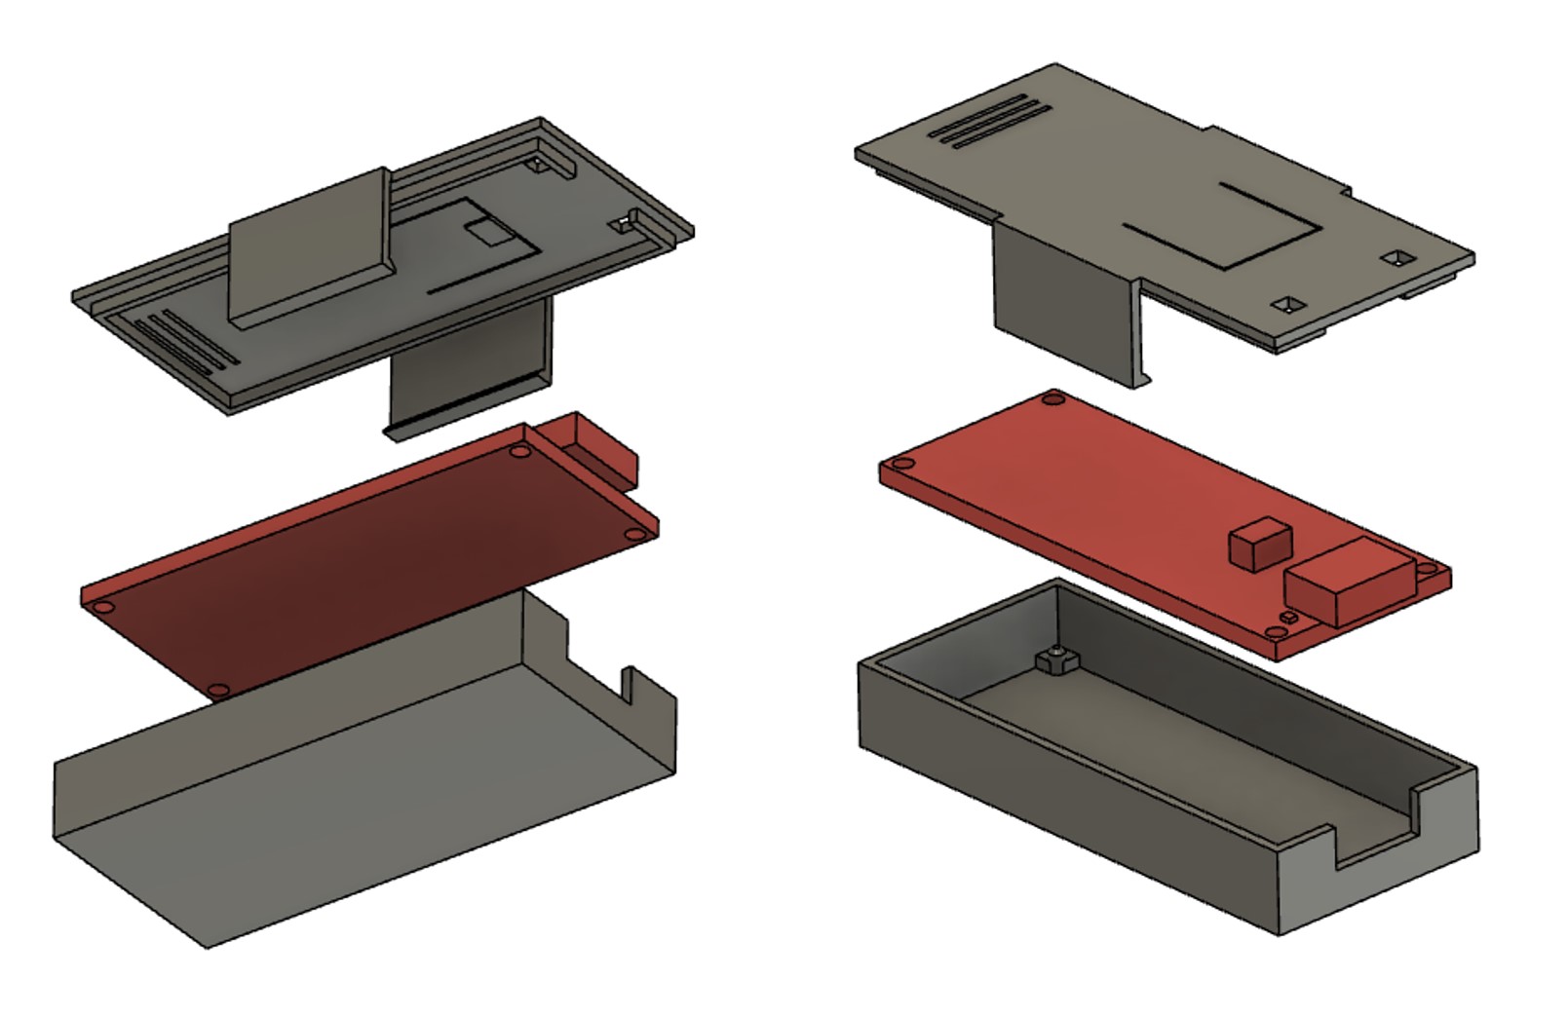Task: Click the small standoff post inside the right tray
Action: pyautogui.click(x=1053, y=662)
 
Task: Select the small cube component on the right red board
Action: pyautogui.click(x=1259, y=544)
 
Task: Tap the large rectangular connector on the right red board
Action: pyautogui.click(x=1347, y=583)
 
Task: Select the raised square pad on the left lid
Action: pyautogui.click(x=310, y=247)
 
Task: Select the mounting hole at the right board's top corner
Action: pyautogui.click(x=1052, y=398)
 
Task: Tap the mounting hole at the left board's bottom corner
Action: pyautogui.click(x=220, y=690)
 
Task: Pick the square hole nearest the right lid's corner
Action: pyautogui.click(x=1399, y=258)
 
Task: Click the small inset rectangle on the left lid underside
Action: pyautogui.click(x=486, y=232)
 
